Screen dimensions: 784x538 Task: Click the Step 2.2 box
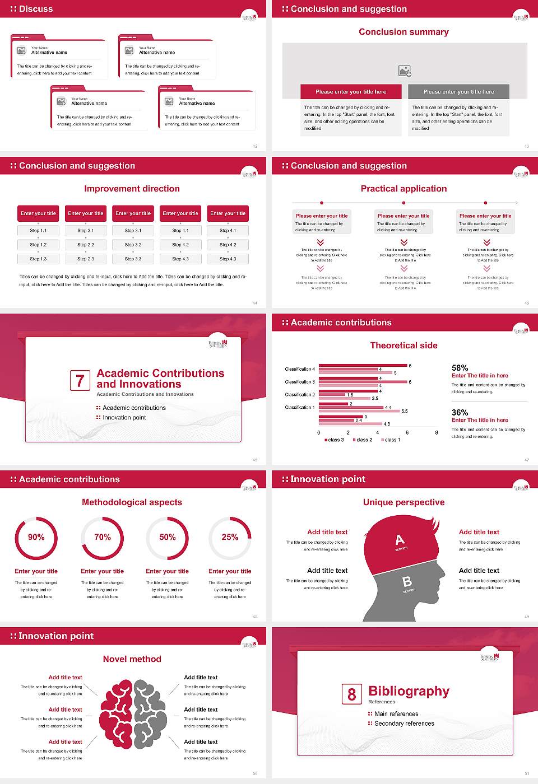coord(86,245)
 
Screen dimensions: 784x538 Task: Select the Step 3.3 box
coord(133,259)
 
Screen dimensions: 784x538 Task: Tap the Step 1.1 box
coord(38,230)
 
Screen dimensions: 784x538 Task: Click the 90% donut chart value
coord(36,537)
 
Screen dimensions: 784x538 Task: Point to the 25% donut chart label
coord(230,537)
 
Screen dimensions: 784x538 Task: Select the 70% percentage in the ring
coord(103,537)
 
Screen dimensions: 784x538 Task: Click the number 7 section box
coord(80,381)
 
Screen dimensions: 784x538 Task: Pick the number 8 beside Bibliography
coord(351,694)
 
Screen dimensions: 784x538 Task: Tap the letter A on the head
coord(400,540)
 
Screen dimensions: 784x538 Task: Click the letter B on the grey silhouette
coord(407,582)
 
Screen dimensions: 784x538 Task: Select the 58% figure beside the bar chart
coord(460,368)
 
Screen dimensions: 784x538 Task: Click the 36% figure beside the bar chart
coord(460,412)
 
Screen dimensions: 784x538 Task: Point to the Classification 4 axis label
coord(300,369)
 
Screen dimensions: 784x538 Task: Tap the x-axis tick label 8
coord(437,432)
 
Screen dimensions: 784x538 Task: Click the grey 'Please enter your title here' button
coord(458,92)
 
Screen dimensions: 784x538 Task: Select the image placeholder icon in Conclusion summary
coord(405,71)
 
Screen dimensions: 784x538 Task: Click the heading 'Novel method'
coord(132,659)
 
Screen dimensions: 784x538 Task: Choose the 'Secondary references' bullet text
coord(404,724)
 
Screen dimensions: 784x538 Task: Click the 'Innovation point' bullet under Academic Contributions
coord(124,417)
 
